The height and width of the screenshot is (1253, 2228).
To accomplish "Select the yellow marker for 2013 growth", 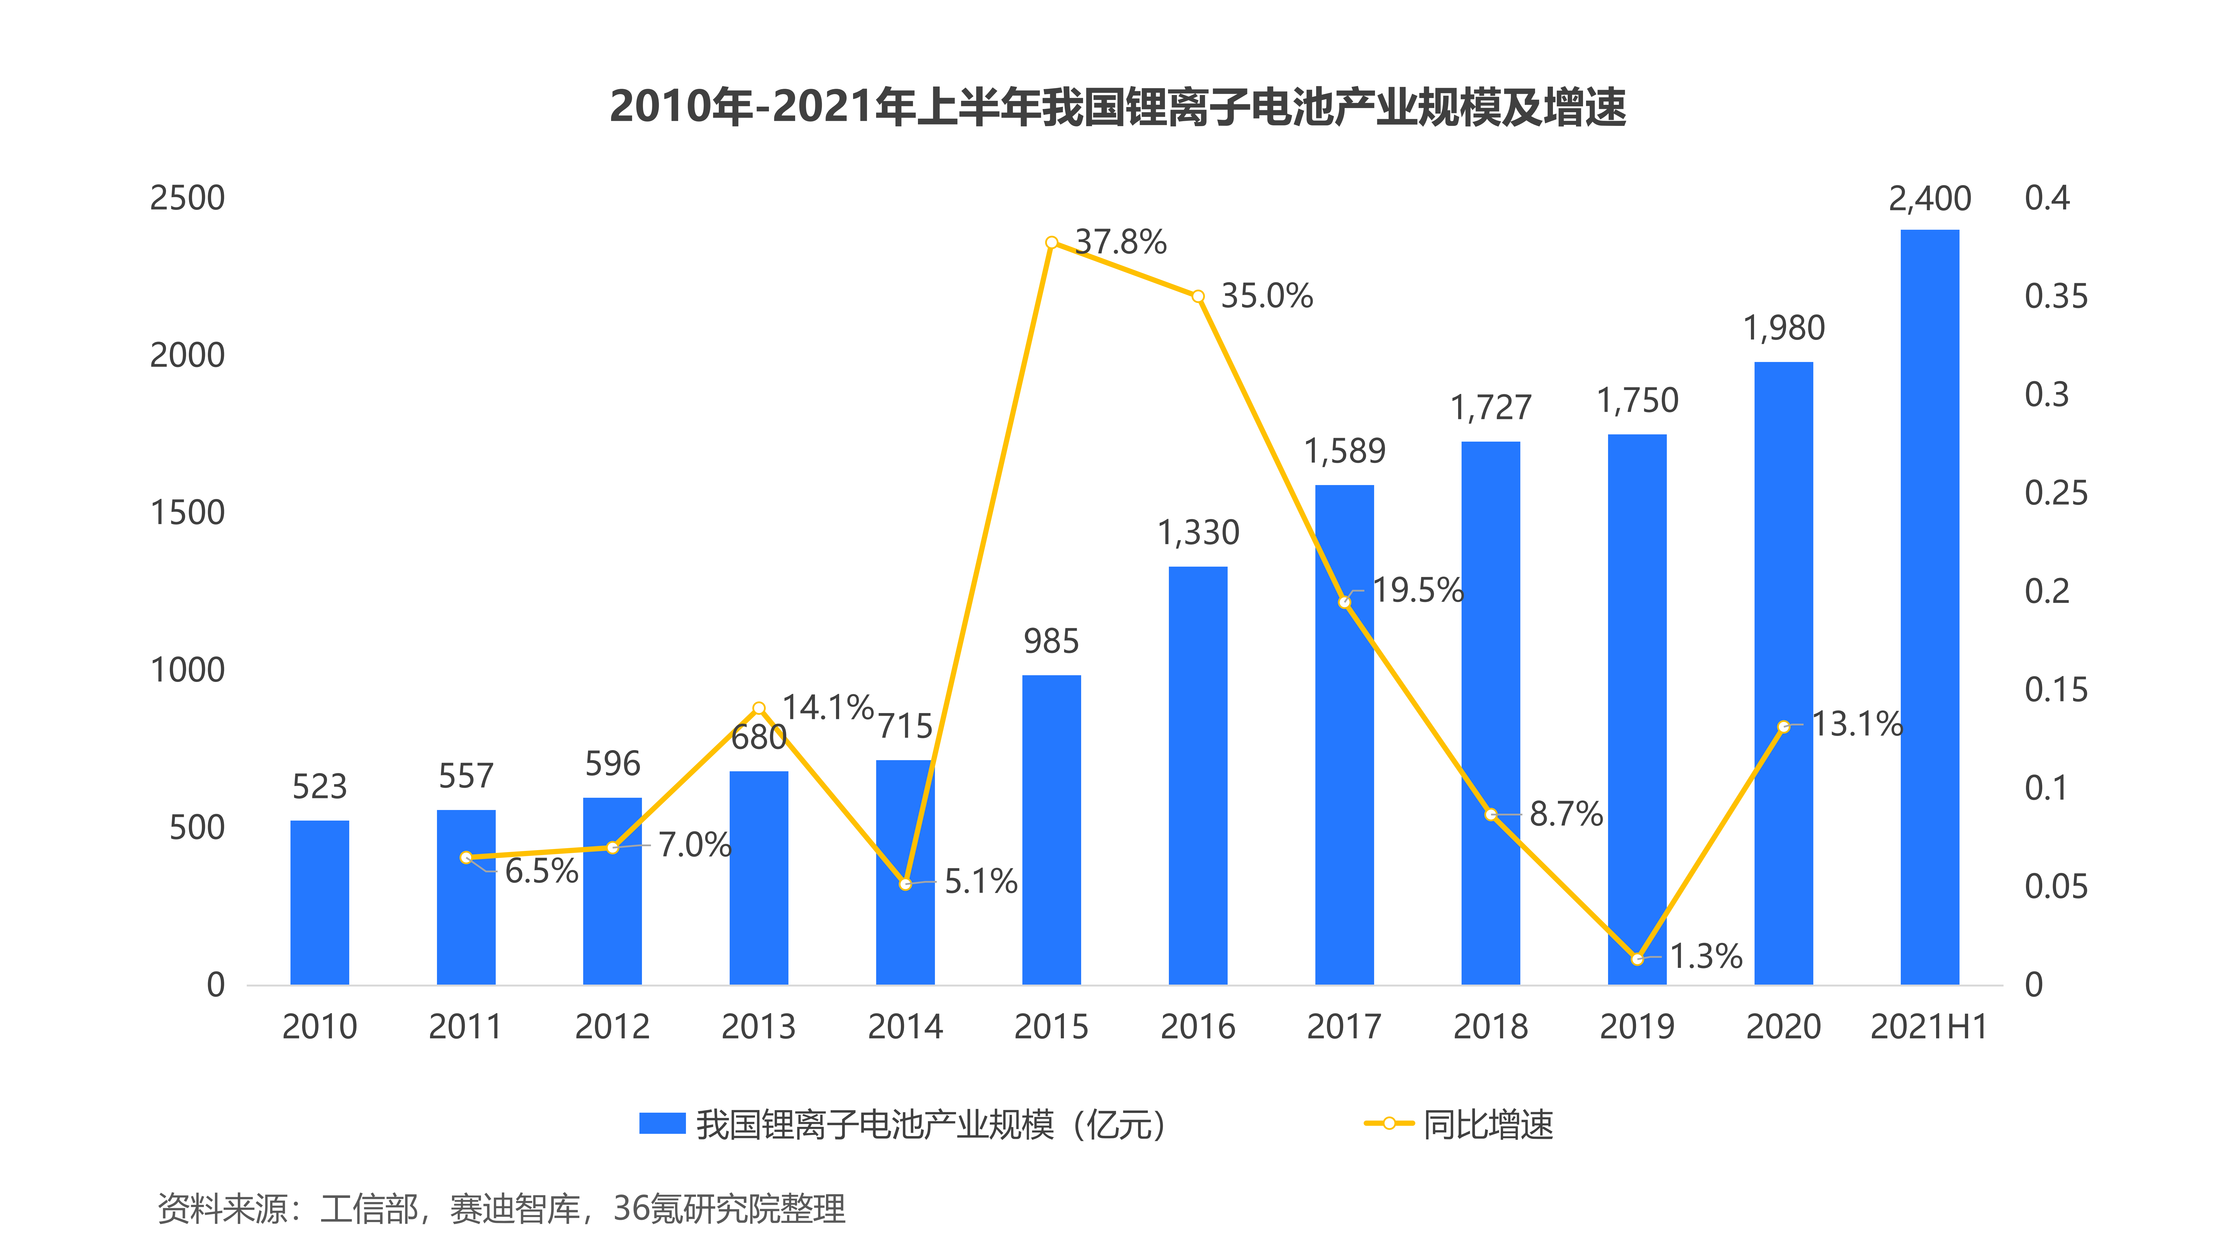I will (759, 708).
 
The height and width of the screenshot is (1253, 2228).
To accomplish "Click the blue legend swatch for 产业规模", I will (662, 1123).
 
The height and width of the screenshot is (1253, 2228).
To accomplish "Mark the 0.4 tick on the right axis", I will (2046, 198).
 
